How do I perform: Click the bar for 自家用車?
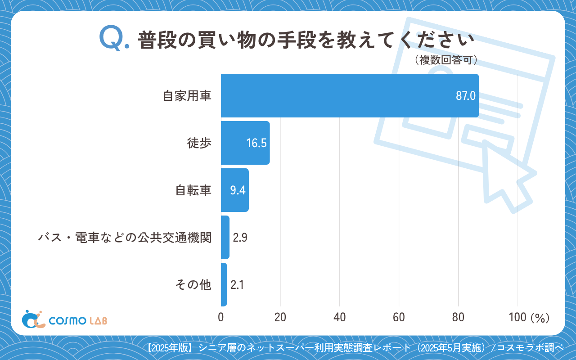[350, 95]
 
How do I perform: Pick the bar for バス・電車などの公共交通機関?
[225, 237]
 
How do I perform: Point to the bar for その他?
[224, 284]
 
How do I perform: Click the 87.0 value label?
[465, 96]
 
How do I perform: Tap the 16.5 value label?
[256, 143]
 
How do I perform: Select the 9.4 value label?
[238, 190]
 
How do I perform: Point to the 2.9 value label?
[240, 238]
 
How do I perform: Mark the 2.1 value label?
[237, 285]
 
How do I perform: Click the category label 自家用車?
[187, 96]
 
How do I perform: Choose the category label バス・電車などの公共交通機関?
[125, 238]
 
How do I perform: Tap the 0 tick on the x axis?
[221, 317]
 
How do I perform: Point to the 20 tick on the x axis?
[280, 317]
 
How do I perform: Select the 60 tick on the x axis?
[399, 317]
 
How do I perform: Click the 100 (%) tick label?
[529, 317]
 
